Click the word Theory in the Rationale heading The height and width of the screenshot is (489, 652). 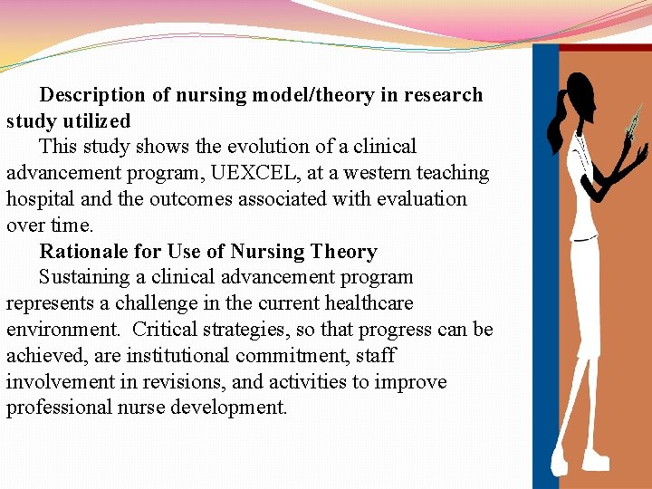343,252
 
